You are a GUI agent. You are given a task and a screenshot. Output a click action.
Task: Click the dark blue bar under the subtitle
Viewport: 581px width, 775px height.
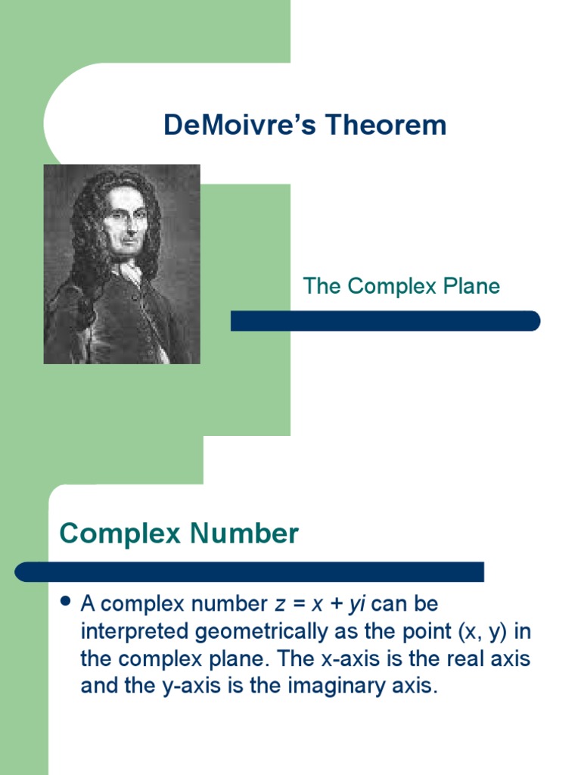(x=385, y=321)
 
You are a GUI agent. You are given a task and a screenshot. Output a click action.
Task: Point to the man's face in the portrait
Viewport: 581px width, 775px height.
(x=126, y=221)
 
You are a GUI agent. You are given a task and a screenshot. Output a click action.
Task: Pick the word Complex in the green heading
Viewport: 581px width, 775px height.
(x=120, y=534)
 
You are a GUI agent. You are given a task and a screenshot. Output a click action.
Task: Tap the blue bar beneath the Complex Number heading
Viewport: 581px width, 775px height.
(x=250, y=571)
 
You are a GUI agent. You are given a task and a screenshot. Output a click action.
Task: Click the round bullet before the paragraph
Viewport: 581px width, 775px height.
(x=65, y=602)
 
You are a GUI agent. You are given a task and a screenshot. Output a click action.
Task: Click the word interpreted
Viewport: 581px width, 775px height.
(x=136, y=632)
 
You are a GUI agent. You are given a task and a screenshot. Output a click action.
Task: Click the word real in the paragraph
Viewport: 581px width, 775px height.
(x=464, y=659)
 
